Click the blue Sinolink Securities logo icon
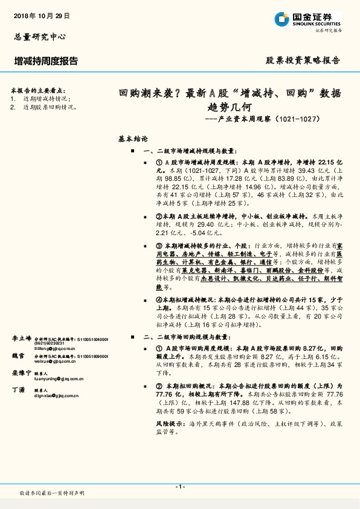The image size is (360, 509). [x=282, y=21]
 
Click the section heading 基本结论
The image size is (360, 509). [x=133, y=138]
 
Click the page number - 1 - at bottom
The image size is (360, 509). [x=179, y=487]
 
